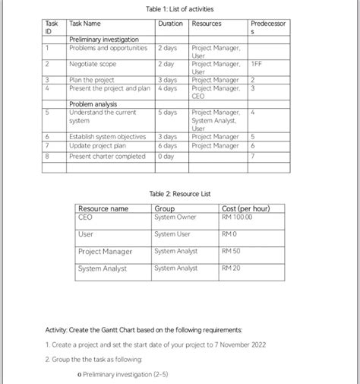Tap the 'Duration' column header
(x=170, y=24)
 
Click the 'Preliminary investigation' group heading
(x=104, y=39)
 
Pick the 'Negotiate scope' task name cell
(x=93, y=65)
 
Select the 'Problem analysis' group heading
(x=94, y=104)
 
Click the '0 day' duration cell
(x=165, y=156)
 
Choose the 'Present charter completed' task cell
(x=107, y=156)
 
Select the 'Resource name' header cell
(x=103, y=208)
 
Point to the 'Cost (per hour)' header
(x=251, y=208)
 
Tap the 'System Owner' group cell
(x=175, y=217)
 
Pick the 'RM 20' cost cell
(x=231, y=268)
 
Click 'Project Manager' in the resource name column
(x=105, y=252)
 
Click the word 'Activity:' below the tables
(x=56, y=330)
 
